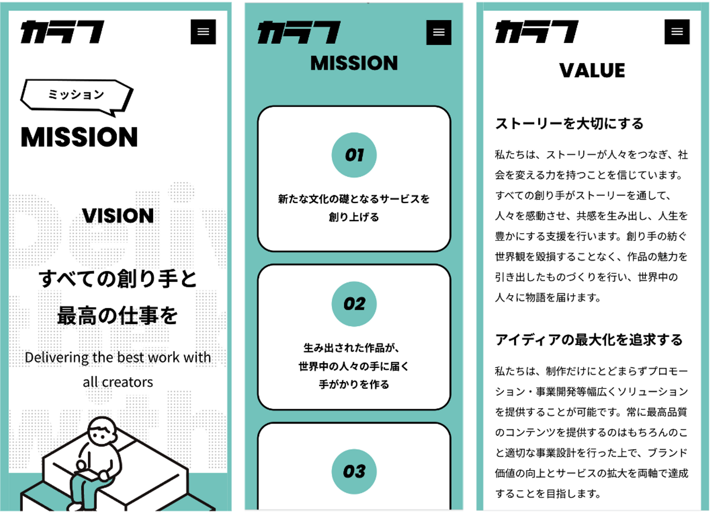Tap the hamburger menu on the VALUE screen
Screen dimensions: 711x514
pos(677,32)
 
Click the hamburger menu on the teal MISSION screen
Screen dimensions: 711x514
pos(438,33)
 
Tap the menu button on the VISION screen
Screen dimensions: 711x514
pos(203,32)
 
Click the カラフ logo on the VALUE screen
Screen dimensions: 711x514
pos(537,32)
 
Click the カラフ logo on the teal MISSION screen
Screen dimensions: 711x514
pos(299,33)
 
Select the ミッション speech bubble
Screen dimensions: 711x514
pos(77,95)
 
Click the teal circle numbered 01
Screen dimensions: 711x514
pos(354,155)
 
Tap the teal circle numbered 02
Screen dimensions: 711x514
pos(354,304)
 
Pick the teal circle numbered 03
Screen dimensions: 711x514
pos(354,471)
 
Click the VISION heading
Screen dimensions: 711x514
pos(118,216)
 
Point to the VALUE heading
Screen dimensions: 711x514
pos(592,71)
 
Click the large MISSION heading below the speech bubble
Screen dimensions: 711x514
pos(79,137)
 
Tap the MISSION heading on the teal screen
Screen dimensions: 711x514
pos(354,63)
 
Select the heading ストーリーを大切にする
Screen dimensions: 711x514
pos(569,124)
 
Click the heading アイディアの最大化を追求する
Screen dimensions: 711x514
pos(589,340)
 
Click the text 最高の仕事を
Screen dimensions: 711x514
pos(118,316)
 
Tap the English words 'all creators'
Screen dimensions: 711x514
pos(118,382)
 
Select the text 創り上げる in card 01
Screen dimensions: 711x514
pos(354,217)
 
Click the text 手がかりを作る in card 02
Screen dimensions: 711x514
pos(354,385)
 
